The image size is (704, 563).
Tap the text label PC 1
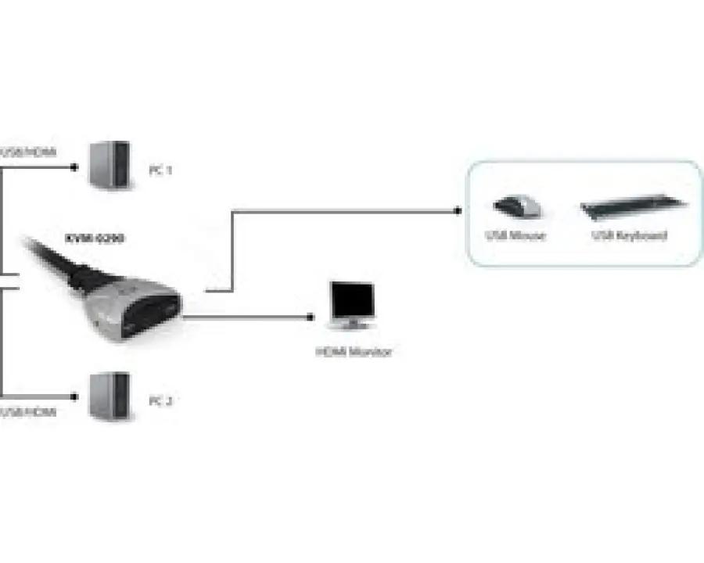[160, 169]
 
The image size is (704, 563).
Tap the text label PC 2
[160, 401]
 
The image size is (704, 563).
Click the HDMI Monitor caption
[354, 352]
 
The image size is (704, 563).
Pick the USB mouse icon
[517, 206]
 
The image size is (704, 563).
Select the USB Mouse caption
[515, 235]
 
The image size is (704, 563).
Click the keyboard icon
[633, 208]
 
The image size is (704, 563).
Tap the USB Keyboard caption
[630, 235]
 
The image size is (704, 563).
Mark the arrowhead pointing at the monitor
[310, 318]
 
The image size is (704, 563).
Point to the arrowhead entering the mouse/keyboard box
[457, 210]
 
